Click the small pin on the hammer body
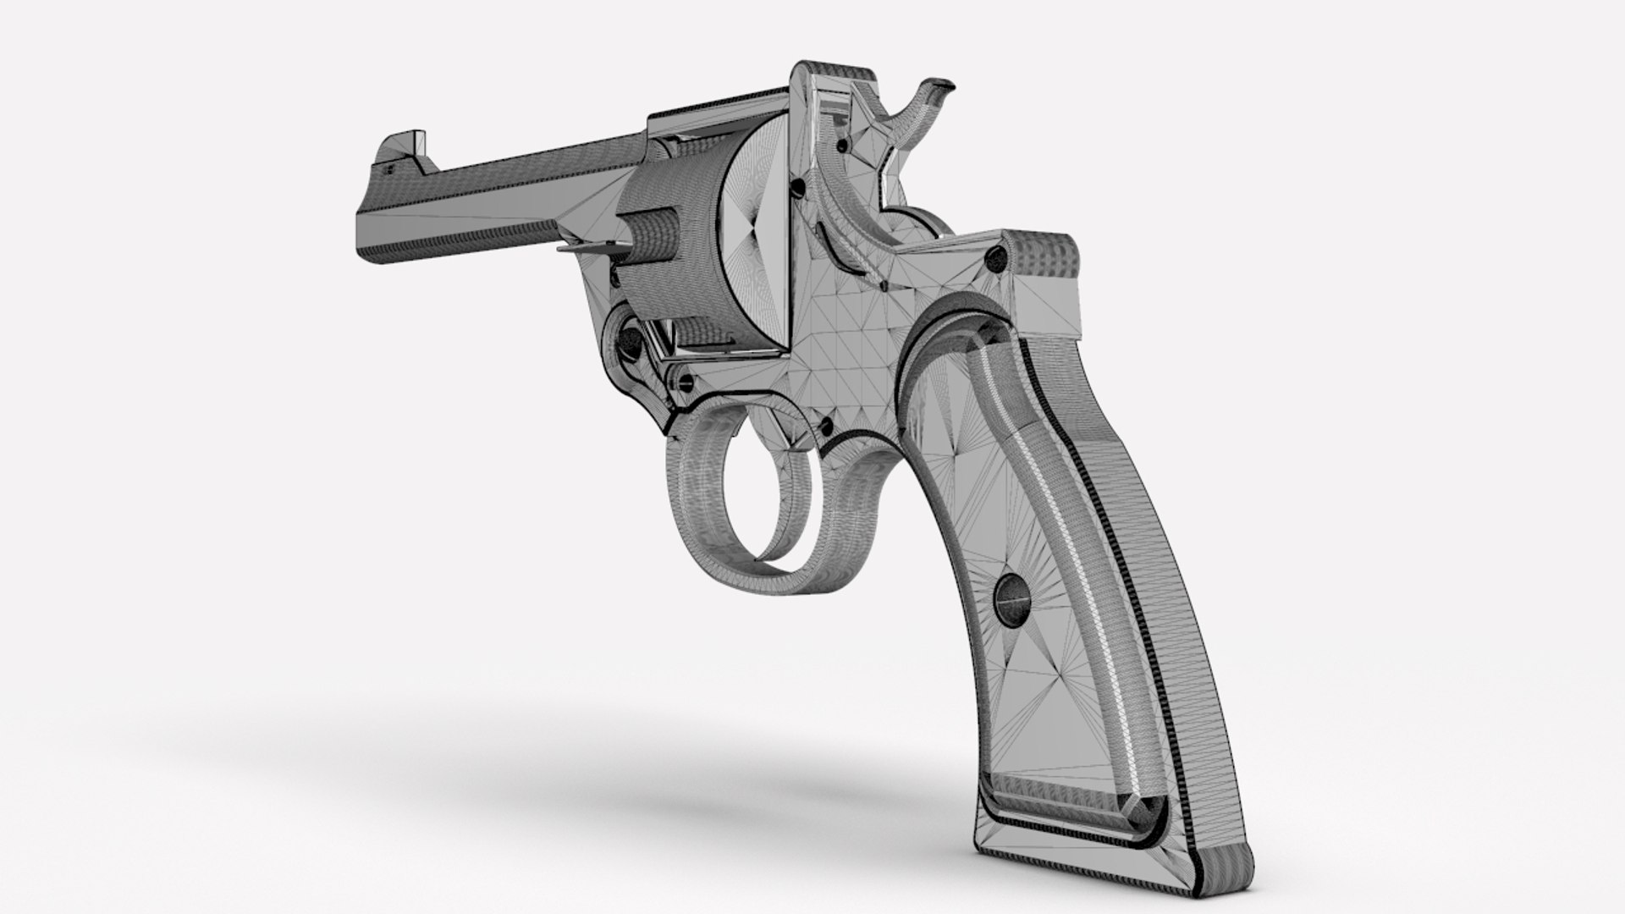842,147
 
